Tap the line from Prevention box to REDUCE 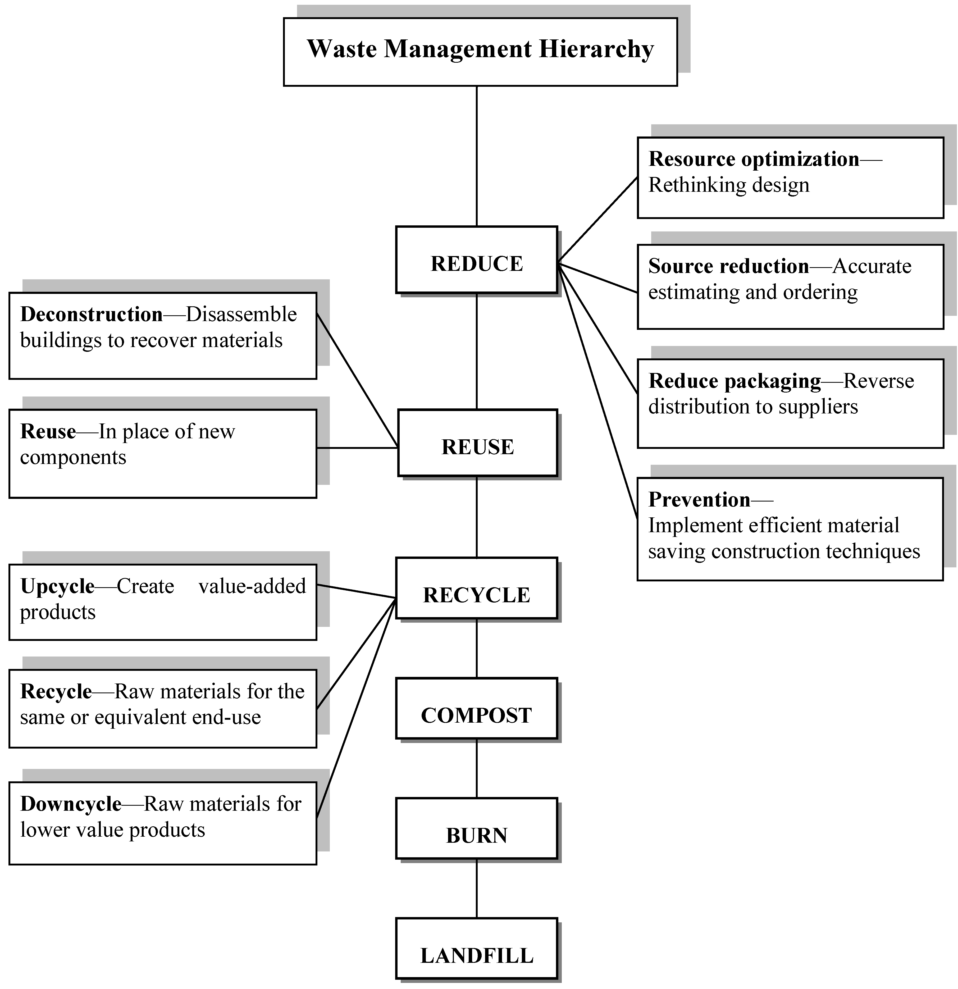[598, 391]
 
